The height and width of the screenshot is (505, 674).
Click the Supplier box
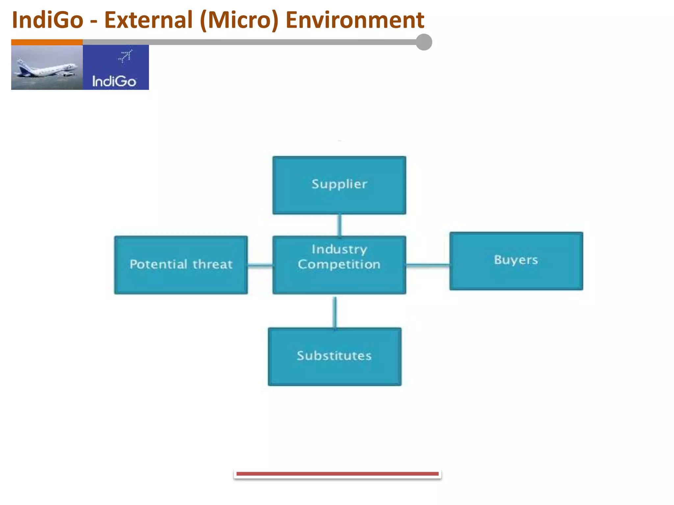pos(339,185)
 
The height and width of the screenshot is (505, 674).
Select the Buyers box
pos(516,261)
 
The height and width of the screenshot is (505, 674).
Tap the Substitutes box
pos(334,356)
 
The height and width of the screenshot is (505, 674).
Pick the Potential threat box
pos(181,265)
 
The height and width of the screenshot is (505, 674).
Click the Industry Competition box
pos(339,265)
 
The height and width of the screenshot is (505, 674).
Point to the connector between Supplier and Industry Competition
pos(340,225)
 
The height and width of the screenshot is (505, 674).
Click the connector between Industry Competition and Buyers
pos(428,265)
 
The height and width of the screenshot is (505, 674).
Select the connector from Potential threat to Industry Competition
pos(260,265)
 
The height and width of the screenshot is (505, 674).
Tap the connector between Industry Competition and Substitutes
pos(335,312)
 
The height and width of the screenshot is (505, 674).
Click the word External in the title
pos(148,20)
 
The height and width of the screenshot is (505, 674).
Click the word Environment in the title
pos(355,20)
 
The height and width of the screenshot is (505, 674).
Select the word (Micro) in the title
pos(239,20)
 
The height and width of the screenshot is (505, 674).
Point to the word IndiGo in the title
pos(48,20)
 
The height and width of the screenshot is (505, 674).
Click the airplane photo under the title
pos(47,67)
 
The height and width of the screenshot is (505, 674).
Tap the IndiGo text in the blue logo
pos(114,81)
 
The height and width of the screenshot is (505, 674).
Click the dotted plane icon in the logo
pos(125,56)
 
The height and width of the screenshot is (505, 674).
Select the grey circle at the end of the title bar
pos(424,42)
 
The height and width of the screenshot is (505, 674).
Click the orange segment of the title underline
pos(47,42)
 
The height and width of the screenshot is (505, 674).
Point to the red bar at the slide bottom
pos(337,474)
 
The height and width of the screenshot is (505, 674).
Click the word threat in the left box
pos(212,265)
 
